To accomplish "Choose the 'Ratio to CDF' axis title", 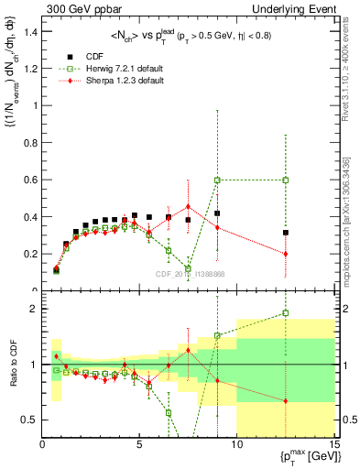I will point(11,365).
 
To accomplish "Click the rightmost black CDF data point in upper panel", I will point(286,233).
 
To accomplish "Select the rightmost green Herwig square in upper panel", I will point(286,180).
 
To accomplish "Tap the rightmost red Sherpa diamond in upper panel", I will point(286,254).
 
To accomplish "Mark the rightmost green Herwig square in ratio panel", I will point(286,313).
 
